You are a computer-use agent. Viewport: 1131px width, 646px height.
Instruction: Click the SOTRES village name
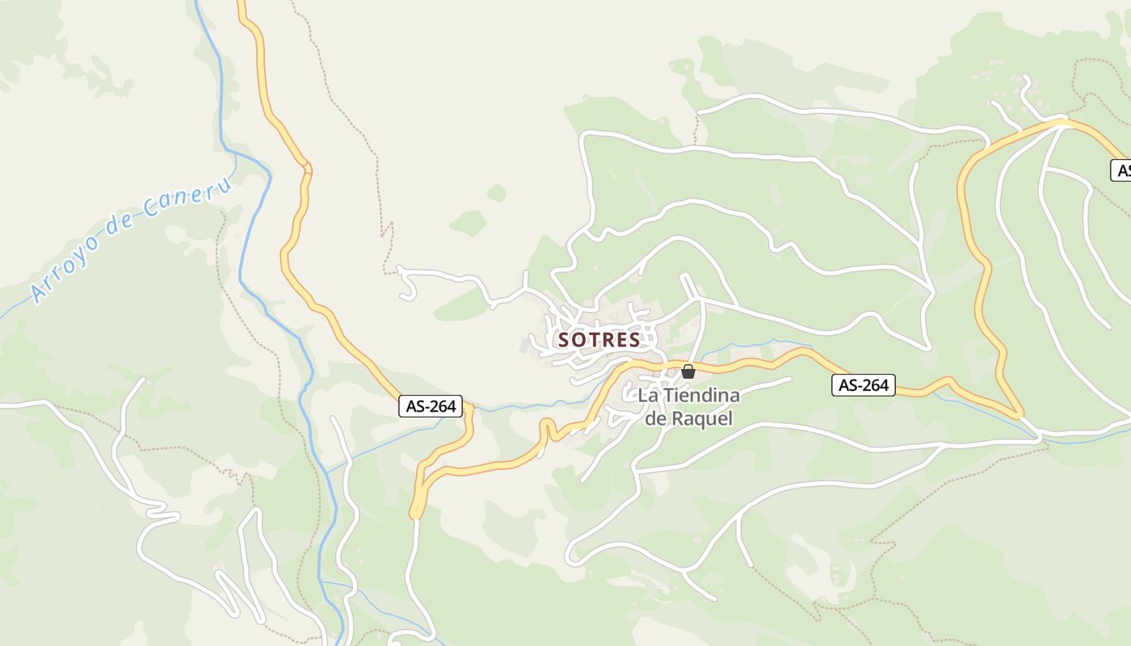tap(599, 340)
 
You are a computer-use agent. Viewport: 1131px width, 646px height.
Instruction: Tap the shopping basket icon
tap(688, 371)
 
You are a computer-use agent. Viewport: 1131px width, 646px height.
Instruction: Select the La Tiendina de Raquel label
tap(689, 407)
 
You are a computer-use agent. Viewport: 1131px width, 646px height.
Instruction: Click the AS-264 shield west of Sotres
tap(431, 406)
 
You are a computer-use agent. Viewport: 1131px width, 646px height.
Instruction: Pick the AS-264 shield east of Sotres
tap(864, 385)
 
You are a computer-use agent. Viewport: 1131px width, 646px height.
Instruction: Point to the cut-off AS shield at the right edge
tap(1121, 170)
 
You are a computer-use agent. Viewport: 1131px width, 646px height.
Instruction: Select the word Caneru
tap(190, 199)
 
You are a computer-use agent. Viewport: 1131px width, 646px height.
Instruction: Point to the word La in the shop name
tap(647, 396)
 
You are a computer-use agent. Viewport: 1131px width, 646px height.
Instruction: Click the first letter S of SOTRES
tap(565, 340)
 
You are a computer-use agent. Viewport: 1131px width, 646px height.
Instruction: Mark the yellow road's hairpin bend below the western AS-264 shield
tap(417, 509)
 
